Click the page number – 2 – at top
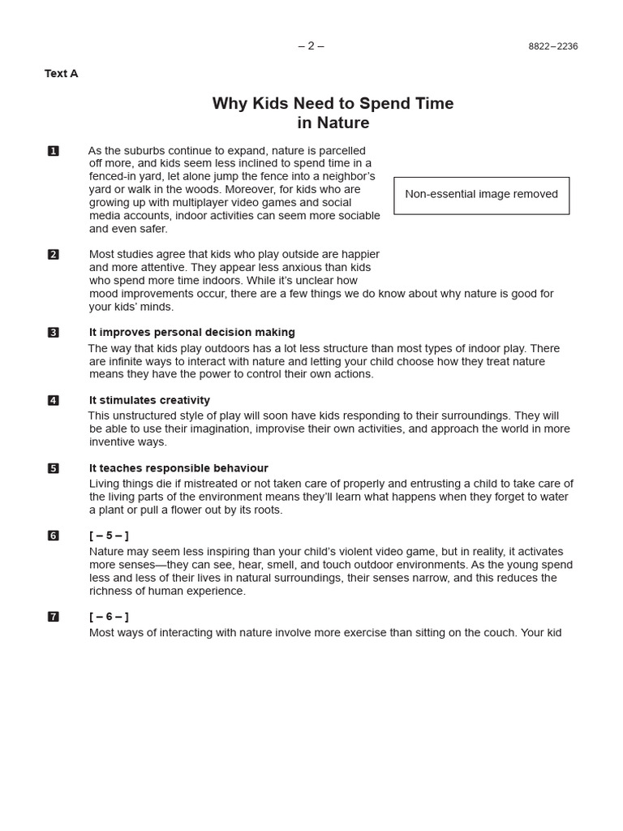[311, 46]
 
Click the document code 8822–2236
[552, 47]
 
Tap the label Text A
[62, 74]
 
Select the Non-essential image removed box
[481, 195]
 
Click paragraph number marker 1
[54, 151]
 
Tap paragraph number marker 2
[54, 255]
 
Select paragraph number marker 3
[54, 333]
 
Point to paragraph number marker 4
[54, 401]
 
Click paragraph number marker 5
[54, 468]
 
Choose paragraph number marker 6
[54, 536]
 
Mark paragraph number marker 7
[54, 617]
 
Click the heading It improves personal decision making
[192, 333]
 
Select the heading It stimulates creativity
[149, 401]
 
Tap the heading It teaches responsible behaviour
[178, 468]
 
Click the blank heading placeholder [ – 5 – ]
[109, 536]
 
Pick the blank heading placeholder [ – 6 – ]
[109, 617]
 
